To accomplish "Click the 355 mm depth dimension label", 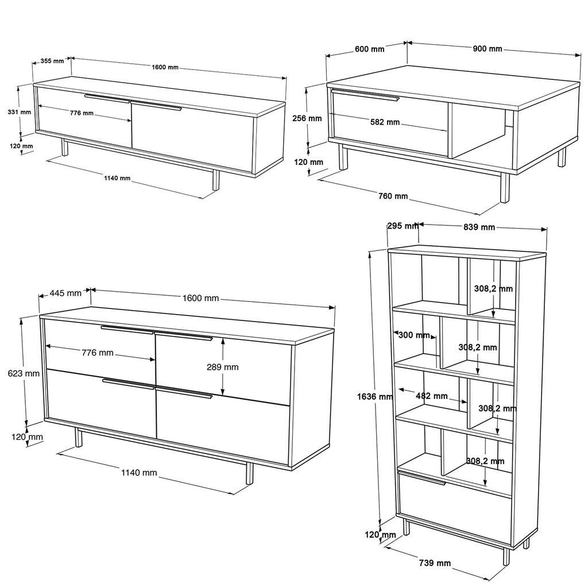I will pyautogui.click(x=52, y=61).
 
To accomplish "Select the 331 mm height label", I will pyautogui.click(x=19, y=112).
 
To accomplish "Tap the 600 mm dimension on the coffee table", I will pyautogui.click(x=369, y=49).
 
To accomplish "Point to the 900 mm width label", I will pyautogui.click(x=487, y=49).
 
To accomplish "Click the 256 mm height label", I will pyautogui.click(x=307, y=118).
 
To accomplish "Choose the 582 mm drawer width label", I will pyautogui.click(x=385, y=122).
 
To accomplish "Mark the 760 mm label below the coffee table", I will pyautogui.click(x=393, y=196).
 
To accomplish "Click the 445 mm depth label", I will pyautogui.click(x=65, y=293).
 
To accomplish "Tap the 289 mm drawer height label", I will pyautogui.click(x=223, y=367).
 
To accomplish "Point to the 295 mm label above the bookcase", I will pyautogui.click(x=402, y=226).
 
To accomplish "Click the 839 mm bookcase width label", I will pyautogui.click(x=479, y=227).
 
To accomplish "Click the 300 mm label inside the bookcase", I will pyautogui.click(x=413, y=335).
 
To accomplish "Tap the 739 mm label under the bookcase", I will pyautogui.click(x=435, y=563).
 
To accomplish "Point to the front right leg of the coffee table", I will pyautogui.click(x=504, y=188).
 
